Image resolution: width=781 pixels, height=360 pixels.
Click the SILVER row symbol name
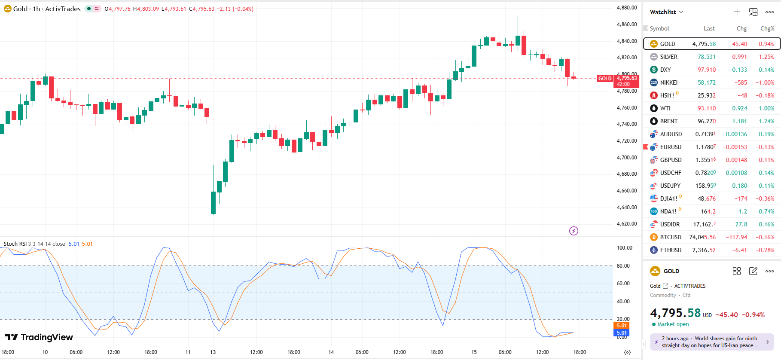668,57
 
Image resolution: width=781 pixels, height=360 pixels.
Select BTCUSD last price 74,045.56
702,237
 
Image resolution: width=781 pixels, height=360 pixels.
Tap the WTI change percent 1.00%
766,108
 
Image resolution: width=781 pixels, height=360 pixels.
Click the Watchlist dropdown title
666,12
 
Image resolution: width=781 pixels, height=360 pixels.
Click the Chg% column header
767,28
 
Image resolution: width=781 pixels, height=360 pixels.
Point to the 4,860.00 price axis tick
627,24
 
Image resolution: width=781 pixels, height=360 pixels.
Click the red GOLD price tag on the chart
604,79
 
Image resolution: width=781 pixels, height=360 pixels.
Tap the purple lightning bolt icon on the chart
574,231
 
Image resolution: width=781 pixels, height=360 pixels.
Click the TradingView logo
39,337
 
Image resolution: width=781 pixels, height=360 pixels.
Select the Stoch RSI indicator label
15,244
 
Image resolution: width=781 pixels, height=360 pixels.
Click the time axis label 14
331,352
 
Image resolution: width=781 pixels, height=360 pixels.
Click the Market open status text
673,324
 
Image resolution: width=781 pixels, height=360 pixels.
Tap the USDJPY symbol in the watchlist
670,186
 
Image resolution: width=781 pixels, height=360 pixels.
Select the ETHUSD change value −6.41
738,250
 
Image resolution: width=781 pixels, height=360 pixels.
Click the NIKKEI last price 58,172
707,82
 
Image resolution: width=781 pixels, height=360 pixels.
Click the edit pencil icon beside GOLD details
753,271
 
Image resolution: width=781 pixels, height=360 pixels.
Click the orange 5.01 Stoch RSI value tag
622,326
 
